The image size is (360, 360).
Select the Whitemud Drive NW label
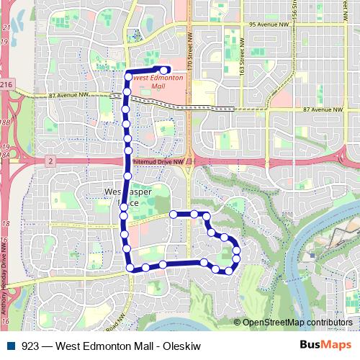(160, 163)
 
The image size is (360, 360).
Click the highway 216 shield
(6, 85)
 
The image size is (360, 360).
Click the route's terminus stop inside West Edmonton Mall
(166, 70)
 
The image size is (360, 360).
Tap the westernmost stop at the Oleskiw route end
(173, 214)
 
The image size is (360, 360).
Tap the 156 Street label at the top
(294, 9)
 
